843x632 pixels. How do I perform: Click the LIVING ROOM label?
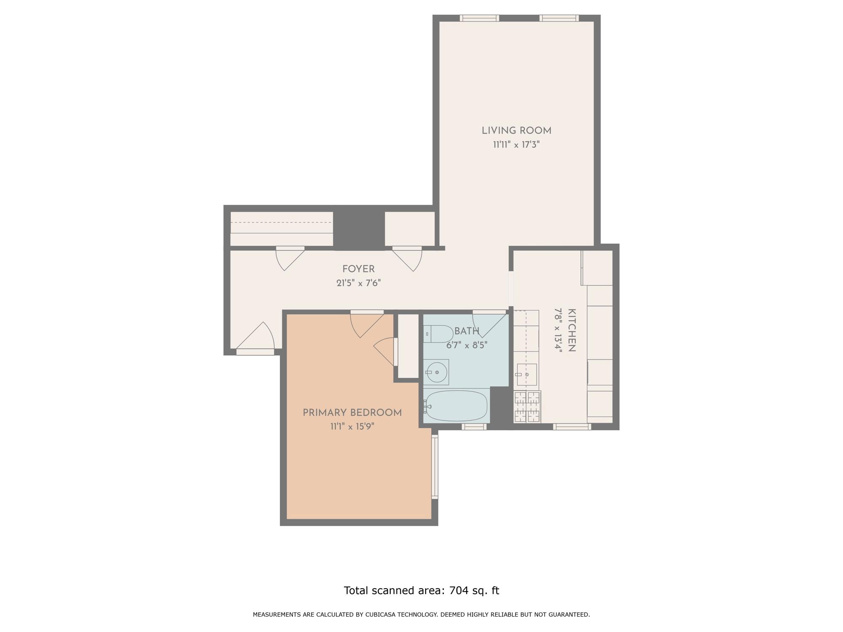[x=516, y=131]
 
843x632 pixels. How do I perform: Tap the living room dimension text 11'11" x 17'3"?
[x=516, y=145]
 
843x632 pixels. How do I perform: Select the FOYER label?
[x=358, y=269]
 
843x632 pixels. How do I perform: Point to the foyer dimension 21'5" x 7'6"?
[x=358, y=283]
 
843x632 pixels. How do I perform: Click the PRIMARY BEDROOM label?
[x=352, y=413]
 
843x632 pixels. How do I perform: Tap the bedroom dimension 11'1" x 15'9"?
[x=352, y=427]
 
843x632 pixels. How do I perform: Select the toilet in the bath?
[x=438, y=334]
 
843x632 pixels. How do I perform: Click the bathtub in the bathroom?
[x=456, y=406]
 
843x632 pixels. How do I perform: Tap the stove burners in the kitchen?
[x=527, y=407]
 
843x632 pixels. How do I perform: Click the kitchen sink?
[x=526, y=375]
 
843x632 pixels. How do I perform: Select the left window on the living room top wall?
[x=479, y=18]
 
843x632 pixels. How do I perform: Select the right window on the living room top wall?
[x=559, y=18]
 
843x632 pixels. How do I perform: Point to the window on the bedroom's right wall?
[x=435, y=467]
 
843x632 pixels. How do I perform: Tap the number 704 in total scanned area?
[x=459, y=591]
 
